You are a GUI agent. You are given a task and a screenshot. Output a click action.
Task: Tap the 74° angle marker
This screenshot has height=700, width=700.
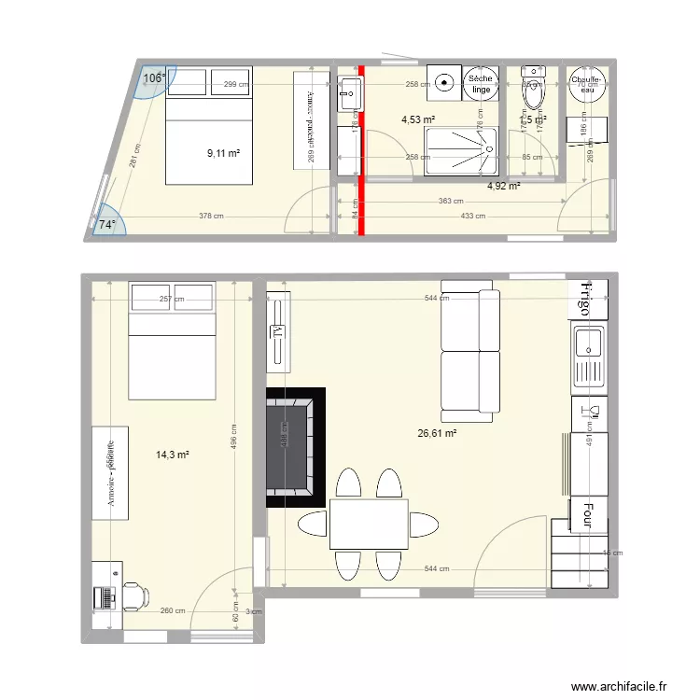(x=107, y=225)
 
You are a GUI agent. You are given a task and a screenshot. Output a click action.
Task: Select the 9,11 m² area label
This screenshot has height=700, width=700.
(x=224, y=153)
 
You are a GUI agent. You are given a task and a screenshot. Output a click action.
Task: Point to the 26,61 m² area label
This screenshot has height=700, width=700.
(x=438, y=433)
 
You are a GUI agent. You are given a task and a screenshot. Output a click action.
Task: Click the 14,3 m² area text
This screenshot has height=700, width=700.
(x=172, y=455)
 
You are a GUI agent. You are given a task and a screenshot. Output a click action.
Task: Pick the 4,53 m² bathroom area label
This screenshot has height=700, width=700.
(x=418, y=119)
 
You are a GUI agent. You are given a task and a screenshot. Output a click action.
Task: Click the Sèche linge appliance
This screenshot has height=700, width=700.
(x=481, y=84)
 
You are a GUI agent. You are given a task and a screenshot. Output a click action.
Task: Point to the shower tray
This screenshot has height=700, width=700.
(x=463, y=152)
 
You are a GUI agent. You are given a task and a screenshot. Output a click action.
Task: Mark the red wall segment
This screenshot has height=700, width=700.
(x=358, y=149)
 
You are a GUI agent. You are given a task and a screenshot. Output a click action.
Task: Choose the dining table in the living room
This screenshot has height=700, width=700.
(x=368, y=525)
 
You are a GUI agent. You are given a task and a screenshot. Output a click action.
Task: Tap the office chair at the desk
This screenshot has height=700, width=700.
(x=133, y=595)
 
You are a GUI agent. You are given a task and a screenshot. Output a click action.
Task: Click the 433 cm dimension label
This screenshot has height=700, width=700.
(x=473, y=216)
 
